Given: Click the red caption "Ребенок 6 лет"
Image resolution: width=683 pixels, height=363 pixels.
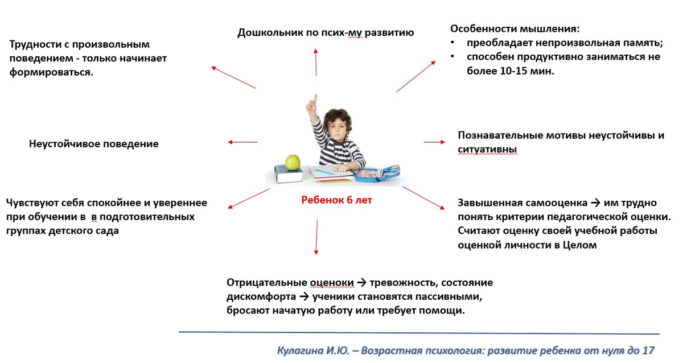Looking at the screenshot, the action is tap(336, 200).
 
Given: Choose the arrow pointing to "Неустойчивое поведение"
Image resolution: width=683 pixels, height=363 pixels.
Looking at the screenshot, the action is tap(242, 142).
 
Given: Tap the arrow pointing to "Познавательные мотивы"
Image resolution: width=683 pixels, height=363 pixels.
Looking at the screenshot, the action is tap(434, 142).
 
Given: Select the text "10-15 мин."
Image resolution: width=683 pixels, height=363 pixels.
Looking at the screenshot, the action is tap(527, 71).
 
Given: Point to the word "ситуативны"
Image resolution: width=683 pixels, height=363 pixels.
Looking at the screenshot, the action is tap(488, 149).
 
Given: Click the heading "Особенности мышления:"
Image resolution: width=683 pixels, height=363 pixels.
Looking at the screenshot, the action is tap(515, 28).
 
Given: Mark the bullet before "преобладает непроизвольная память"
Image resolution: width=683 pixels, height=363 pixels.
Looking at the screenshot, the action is tap(452, 43).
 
